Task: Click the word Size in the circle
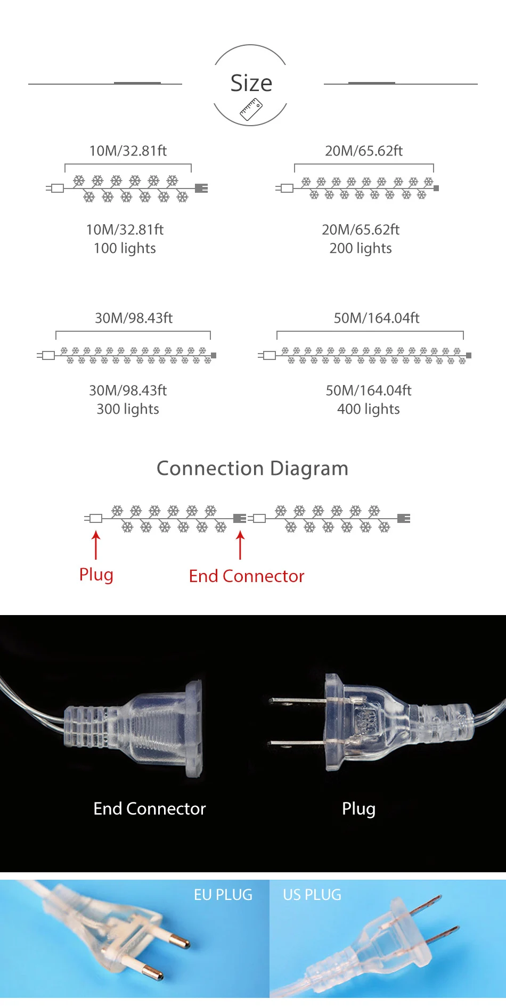[x=251, y=83]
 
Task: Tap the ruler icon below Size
[x=251, y=110]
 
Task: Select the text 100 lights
[x=125, y=248]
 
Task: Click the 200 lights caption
[x=361, y=248]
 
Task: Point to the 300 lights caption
[x=128, y=409]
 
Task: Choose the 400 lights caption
[x=369, y=409]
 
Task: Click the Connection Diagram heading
[x=252, y=468]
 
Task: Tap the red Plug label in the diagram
[x=96, y=575]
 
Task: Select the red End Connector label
[x=247, y=576]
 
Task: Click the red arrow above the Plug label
[x=96, y=545]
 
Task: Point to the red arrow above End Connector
[x=240, y=545]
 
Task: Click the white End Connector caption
[x=150, y=808]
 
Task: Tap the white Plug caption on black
[x=358, y=808]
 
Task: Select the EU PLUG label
[x=223, y=895]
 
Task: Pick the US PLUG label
[x=312, y=895]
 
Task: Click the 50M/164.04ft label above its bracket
[x=377, y=318]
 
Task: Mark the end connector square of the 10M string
[x=201, y=188]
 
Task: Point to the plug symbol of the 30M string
[x=48, y=355]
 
